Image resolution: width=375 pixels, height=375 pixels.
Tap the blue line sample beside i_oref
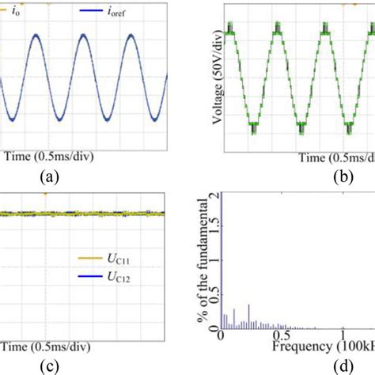point(93,11)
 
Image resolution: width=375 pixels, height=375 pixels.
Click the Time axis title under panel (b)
point(331,157)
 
